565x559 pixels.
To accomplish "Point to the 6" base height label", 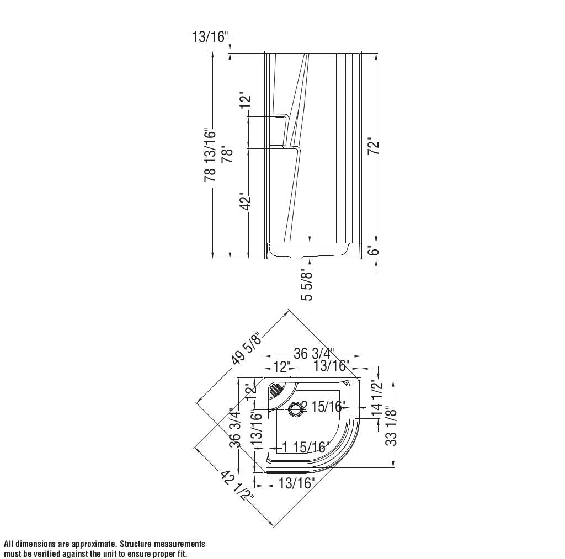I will [x=374, y=251].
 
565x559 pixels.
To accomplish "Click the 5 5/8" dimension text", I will [x=307, y=285].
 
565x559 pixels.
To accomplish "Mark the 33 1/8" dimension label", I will [x=391, y=425].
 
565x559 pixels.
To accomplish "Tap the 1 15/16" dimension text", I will [x=306, y=447].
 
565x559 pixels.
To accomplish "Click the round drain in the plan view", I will [x=296, y=408].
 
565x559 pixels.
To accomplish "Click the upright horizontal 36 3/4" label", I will [x=313, y=354].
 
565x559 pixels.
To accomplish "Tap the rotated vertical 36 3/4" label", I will [x=235, y=427].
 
